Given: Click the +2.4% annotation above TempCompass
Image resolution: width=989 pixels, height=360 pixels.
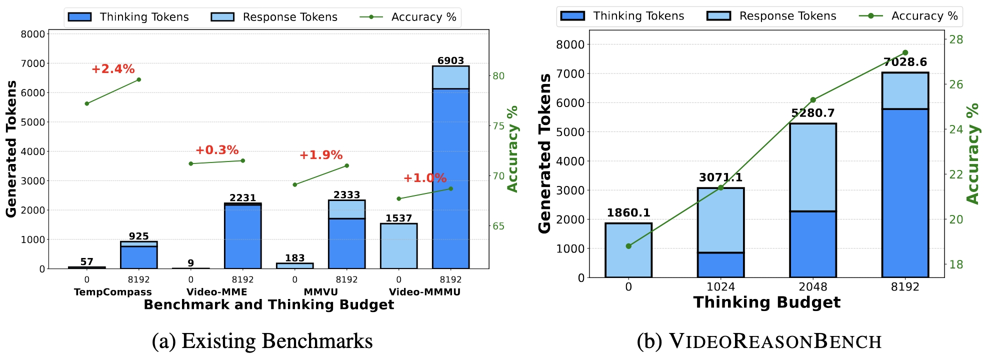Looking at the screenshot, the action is point(113,69).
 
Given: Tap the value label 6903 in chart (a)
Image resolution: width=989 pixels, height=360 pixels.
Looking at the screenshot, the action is point(450,60).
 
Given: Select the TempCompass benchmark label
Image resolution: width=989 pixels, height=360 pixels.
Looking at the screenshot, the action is point(113,292).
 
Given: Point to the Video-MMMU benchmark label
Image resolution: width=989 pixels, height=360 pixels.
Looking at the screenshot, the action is point(424,292).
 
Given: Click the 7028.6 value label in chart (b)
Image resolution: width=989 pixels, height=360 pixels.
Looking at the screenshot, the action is point(905,62).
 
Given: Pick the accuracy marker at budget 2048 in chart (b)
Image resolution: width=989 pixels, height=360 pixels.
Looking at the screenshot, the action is point(813,100).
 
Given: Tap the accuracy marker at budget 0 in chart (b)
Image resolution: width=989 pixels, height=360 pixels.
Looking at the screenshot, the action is point(628,246).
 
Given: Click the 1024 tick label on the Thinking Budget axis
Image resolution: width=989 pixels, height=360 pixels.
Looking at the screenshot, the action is point(720,287).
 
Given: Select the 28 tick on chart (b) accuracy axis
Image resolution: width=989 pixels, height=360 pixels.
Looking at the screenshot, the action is point(956,39).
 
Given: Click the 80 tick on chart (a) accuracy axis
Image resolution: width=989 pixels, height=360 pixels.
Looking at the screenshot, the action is point(498,76).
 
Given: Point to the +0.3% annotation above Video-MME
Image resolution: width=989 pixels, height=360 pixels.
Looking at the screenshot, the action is point(217,150).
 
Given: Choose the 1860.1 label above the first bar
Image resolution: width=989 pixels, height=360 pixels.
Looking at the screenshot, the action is point(628,212).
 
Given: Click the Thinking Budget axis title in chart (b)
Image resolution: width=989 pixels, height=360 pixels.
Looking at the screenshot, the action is point(767,302).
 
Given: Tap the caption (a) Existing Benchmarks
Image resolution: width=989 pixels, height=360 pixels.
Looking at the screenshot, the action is point(262,341).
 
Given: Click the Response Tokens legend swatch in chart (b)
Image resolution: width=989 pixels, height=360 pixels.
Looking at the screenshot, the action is point(718,16).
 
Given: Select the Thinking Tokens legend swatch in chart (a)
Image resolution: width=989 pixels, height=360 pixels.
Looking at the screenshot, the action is point(79,17).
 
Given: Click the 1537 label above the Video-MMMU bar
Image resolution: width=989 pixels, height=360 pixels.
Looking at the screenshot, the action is point(398,218).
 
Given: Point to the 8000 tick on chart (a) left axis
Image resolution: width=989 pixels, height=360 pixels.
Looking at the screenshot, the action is point(33,34).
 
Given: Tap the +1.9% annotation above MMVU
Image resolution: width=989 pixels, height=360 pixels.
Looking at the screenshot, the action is point(321,155).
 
